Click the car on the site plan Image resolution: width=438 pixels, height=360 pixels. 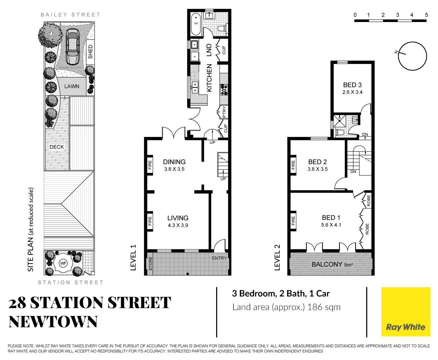click(72, 47)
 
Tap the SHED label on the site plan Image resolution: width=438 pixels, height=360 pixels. click(90, 52)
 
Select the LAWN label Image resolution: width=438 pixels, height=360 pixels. click(72, 86)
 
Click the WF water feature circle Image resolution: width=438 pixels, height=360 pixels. click(63, 263)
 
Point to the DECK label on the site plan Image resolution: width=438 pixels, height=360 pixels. click(57, 147)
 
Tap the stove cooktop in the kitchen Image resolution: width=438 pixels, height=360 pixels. click(224, 90)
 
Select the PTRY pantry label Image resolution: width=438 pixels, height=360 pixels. click(224, 112)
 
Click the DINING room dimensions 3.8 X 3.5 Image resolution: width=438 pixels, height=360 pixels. click(174, 169)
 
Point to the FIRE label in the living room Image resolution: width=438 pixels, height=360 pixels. click(150, 221)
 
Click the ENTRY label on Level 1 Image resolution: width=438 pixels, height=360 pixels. click(219, 258)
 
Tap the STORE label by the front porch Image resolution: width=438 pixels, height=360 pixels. click(150, 263)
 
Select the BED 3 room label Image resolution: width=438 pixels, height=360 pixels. click(352, 85)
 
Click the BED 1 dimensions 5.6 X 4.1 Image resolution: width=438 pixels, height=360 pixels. click(331, 225)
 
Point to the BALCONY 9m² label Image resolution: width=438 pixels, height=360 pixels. click(332, 264)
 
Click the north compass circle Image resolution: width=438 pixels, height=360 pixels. click(412, 56)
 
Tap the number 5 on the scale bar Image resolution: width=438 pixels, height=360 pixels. click(426, 15)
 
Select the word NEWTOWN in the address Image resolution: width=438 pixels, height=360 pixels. click(53, 322)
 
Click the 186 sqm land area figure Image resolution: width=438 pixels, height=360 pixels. click(324, 307)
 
